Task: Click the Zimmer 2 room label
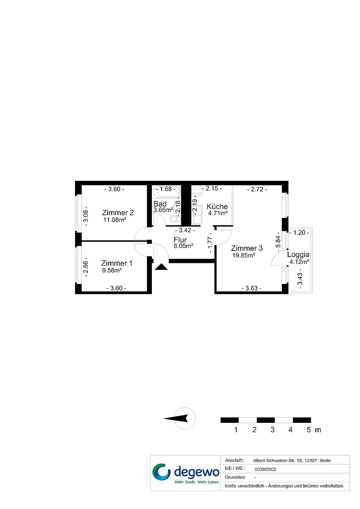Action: [x=118, y=213]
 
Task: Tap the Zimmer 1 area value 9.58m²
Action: [x=112, y=270]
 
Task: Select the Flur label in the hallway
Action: [x=180, y=240]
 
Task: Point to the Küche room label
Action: [x=217, y=206]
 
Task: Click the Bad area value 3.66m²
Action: [x=163, y=210]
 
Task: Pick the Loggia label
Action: [x=298, y=254]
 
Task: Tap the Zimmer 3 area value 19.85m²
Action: [x=244, y=255]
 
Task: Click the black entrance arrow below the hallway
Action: [x=161, y=267]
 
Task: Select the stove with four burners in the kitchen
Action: [x=197, y=191]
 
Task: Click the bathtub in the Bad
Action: [x=166, y=192]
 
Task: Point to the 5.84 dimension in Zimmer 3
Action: [x=278, y=242]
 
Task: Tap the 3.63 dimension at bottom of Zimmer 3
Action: [x=251, y=288]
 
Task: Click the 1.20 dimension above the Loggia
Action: [x=299, y=233]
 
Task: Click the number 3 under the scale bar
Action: [x=272, y=430]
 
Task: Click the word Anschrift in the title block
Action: [x=234, y=460]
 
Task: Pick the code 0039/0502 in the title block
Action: [x=265, y=469]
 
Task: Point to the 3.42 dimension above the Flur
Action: [x=185, y=230]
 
